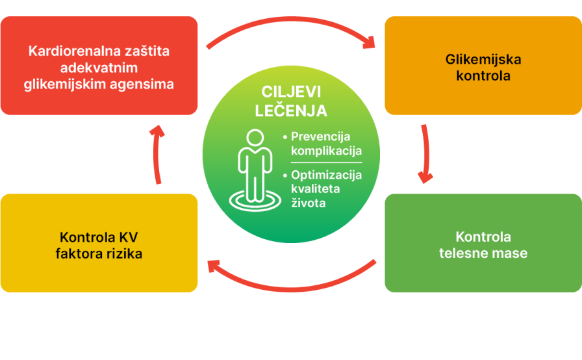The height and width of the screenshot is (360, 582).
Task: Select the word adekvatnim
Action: tap(99, 68)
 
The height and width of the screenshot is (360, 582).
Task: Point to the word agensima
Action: tap(142, 84)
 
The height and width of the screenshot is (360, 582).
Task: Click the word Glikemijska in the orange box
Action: tap(483, 60)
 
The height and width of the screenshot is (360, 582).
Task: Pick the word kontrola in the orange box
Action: tap(483, 76)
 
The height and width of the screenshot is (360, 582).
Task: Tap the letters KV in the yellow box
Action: tap(129, 237)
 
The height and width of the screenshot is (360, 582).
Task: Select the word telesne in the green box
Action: tap(461, 253)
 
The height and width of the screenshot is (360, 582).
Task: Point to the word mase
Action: tap(507, 253)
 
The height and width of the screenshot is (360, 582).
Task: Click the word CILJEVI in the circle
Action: tap(291, 92)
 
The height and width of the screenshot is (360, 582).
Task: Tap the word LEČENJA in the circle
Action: tap(291, 110)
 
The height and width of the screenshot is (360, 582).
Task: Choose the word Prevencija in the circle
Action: tap(320, 137)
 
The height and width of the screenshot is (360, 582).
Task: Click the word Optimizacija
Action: tap(326, 175)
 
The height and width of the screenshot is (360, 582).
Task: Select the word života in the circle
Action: tap(308, 203)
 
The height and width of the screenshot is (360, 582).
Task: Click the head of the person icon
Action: tap(255, 138)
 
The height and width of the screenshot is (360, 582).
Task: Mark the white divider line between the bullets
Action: tap(326, 162)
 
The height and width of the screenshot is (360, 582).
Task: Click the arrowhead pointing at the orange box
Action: tap(369, 42)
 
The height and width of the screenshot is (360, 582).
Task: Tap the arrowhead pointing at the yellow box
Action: tap(214, 266)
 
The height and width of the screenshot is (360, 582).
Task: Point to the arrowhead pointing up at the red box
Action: tap(157, 132)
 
